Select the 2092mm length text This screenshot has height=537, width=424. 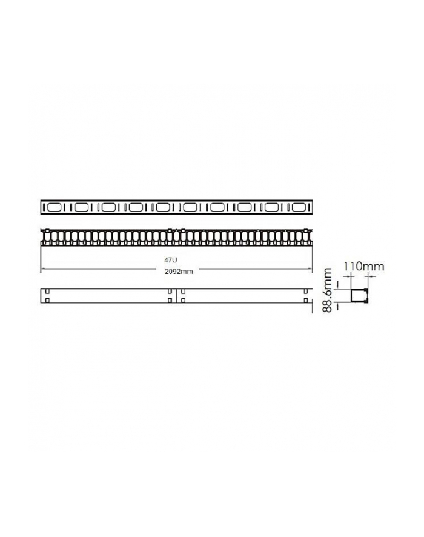pyautogui.click(x=178, y=272)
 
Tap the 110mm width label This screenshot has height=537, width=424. pyautogui.click(x=363, y=265)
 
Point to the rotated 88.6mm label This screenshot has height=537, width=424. pyautogui.click(x=328, y=291)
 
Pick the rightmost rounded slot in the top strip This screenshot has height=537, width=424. pyautogui.click(x=299, y=207)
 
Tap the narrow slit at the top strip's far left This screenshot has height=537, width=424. pyautogui.click(x=43, y=207)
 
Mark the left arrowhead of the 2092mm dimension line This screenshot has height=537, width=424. pyautogui.click(x=42, y=268)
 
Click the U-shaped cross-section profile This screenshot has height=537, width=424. pyautogui.click(x=360, y=295)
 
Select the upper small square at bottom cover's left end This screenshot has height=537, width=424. pyautogui.click(x=47, y=290)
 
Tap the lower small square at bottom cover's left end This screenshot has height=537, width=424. pyautogui.click(x=47, y=299)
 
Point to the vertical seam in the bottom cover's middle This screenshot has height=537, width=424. pyautogui.click(x=176, y=295)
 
